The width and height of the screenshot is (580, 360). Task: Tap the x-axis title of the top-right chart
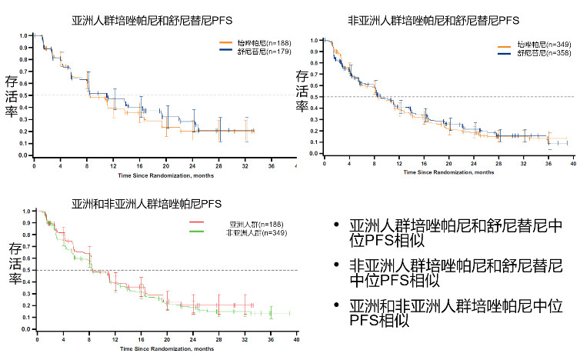tap(445, 172)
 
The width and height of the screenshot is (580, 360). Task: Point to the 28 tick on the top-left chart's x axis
tap(219, 165)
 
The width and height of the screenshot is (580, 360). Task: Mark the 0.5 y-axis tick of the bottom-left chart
tap(27, 270)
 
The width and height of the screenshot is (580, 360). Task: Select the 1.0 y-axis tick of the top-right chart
tap(313, 40)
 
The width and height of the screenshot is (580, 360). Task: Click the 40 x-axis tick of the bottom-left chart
tap(297, 339)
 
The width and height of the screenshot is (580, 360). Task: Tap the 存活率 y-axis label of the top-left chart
tap(12, 96)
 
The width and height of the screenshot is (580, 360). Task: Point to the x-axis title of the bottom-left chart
tap(166, 348)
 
